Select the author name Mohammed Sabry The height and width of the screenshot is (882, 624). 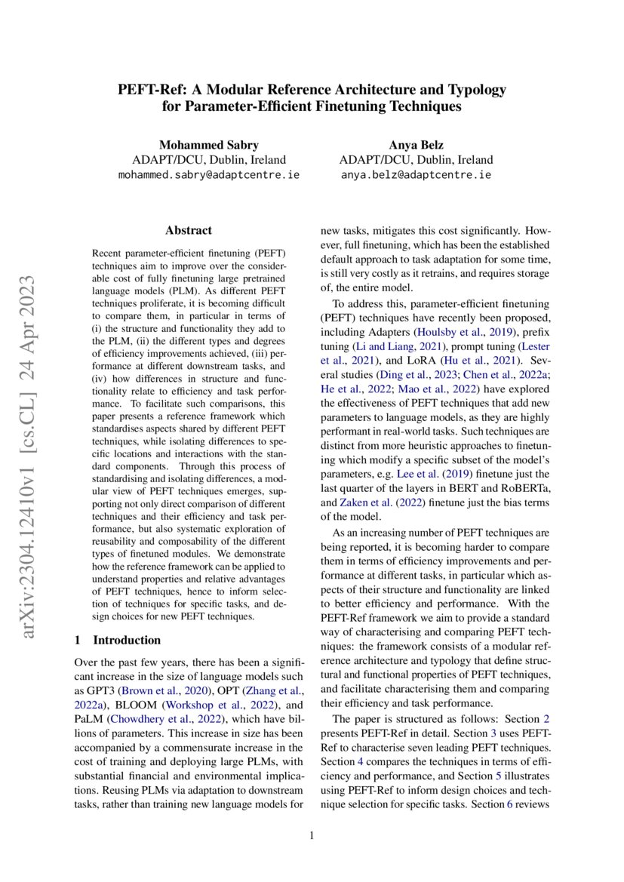pos(209,145)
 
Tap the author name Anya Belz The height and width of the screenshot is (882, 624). pos(416,145)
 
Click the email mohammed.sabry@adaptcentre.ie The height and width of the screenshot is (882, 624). pos(209,175)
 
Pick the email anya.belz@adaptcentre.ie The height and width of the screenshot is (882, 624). pos(416,175)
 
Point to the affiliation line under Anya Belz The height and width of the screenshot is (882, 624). pos(416,160)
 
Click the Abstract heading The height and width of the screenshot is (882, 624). pos(188,233)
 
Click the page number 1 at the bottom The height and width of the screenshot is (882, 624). pos(312,836)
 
